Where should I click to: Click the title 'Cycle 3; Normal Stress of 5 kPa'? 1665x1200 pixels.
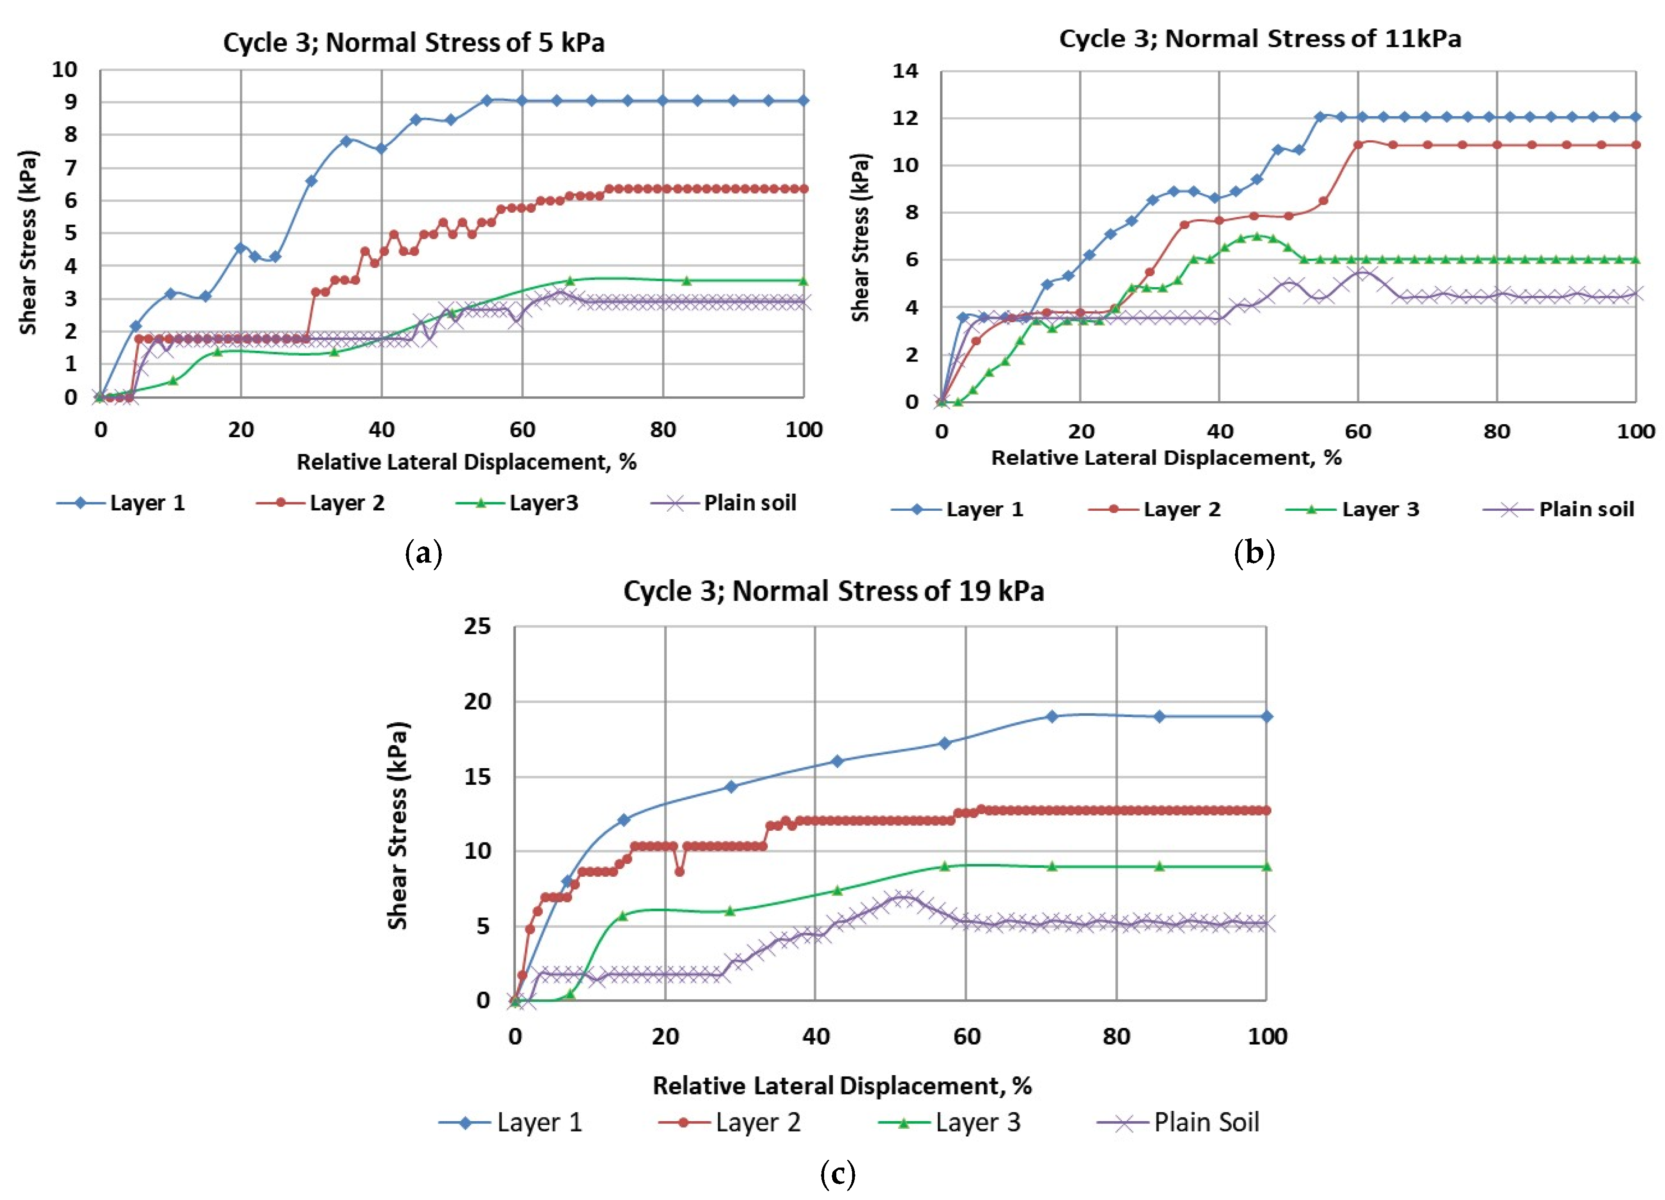coord(413,42)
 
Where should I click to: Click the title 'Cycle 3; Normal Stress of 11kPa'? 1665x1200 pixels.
coord(1259,38)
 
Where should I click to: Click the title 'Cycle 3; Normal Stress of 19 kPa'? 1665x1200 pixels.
coord(833,591)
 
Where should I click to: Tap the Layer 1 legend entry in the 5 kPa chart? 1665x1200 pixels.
coord(121,504)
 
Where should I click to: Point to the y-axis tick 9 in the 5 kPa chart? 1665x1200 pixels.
coord(70,102)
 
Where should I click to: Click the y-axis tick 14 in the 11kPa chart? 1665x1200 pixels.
coord(905,71)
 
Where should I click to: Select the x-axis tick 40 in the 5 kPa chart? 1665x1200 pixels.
coord(381,430)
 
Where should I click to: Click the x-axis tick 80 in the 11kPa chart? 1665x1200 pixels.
coord(1496,431)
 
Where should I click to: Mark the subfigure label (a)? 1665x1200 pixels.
coord(424,554)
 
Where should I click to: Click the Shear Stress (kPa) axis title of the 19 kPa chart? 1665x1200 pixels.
coord(397,826)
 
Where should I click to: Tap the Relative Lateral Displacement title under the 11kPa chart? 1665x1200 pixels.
coord(1166,458)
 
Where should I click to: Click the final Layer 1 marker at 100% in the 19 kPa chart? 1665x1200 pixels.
coord(1266,716)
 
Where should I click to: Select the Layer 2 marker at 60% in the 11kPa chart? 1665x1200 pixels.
coord(1358,145)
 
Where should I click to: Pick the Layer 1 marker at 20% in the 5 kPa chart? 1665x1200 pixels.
coord(240,247)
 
